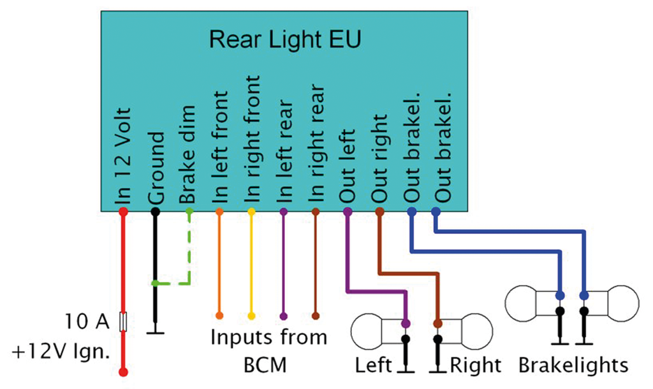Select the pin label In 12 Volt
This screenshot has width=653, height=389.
[x=124, y=156]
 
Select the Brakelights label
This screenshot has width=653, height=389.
[x=573, y=365]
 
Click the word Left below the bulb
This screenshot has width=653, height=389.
[x=374, y=365]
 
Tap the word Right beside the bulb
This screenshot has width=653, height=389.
[x=476, y=365]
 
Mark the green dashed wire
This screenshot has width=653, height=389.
[x=189, y=255]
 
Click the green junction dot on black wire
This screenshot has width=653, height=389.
[x=154, y=283]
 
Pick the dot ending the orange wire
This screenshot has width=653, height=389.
[x=219, y=316]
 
